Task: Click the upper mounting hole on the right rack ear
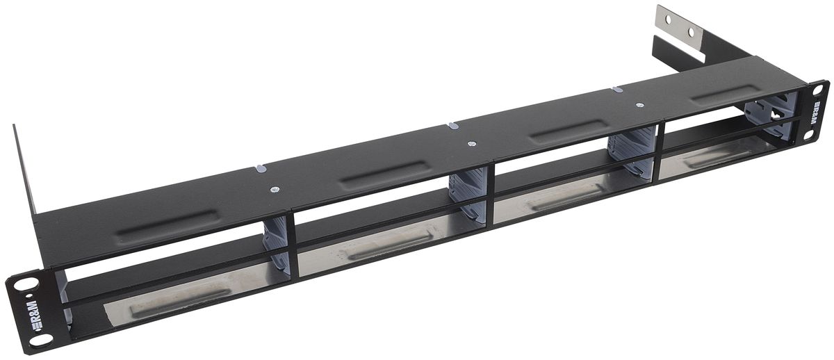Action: (815, 89)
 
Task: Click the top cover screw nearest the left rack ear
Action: (276, 188)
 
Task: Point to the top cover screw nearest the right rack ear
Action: (639, 105)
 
